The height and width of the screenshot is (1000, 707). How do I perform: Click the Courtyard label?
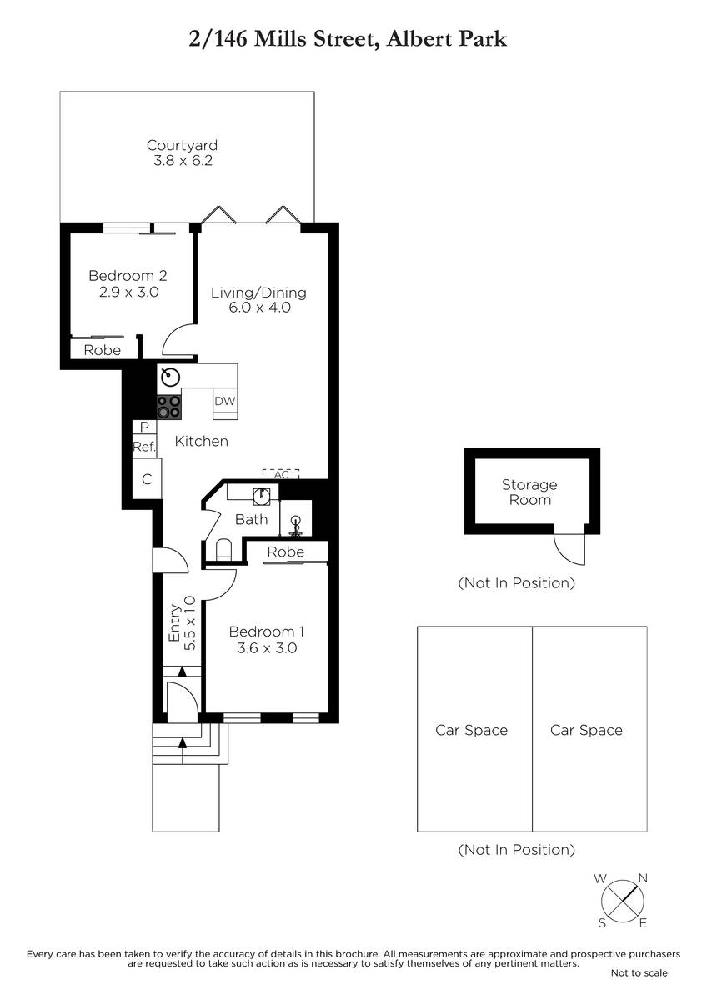[x=183, y=145]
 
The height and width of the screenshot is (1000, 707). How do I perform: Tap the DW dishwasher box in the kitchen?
[x=225, y=401]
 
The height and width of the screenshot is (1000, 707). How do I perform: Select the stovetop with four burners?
[x=169, y=407]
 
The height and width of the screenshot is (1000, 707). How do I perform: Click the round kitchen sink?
[x=170, y=377]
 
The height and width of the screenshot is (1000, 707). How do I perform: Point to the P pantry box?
[x=144, y=427]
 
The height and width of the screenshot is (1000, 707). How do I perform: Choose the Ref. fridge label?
[x=144, y=447]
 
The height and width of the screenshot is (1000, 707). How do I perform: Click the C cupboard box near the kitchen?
[x=147, y=479]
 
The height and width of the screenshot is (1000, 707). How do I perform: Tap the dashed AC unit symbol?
[x=281, y=474]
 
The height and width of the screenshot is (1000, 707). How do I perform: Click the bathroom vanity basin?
[x=262, y=497]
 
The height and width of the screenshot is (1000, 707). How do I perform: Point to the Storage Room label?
[x=529, y=492]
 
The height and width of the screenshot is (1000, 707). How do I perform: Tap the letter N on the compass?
[x=643, y=878]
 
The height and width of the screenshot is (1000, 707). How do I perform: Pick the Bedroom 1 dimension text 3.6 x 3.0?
[x=267, y=647]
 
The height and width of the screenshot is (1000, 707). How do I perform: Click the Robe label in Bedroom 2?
[x=103, y=350]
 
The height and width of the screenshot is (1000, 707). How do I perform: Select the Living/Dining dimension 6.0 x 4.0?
[x=259, y=307]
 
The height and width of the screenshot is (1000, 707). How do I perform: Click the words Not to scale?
[x=639, y=972]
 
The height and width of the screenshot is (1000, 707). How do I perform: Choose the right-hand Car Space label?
[x=586, y=730]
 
